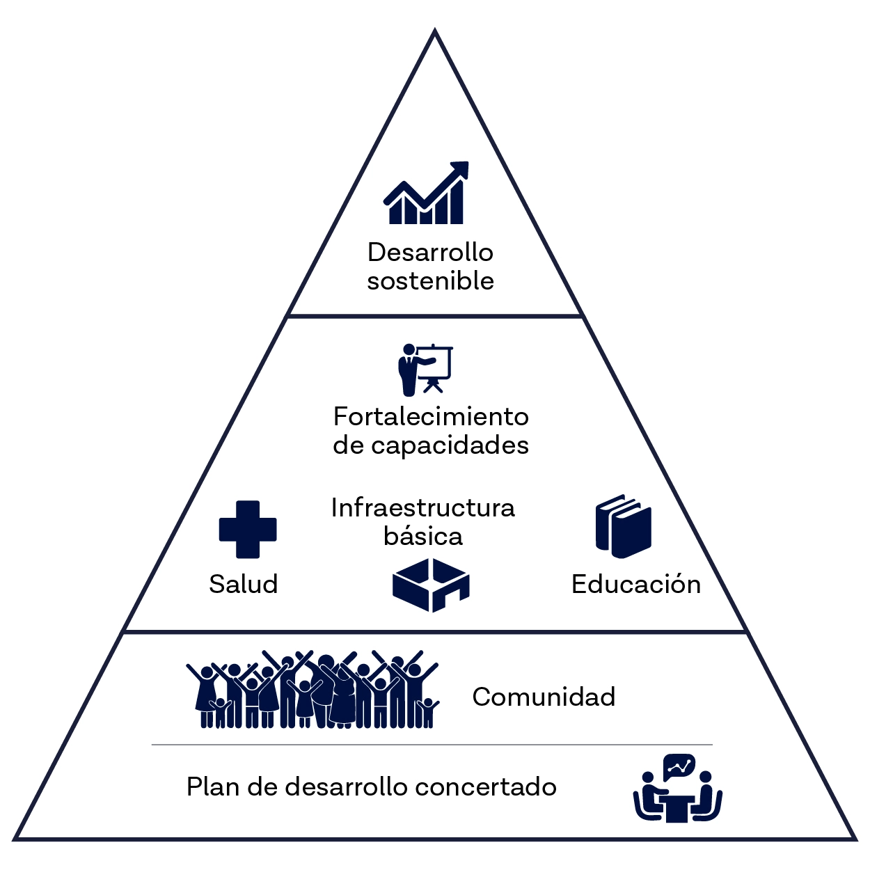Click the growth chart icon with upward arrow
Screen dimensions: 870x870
coord(426,194)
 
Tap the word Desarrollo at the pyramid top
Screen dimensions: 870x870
coord(430,252)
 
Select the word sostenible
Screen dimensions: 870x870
coord(430,281)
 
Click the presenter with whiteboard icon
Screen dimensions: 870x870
coord(425,369)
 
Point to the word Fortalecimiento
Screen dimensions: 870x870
coord(431,416)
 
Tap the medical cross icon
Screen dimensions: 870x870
coord(248,529)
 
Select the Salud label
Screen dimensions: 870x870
coord(243,584)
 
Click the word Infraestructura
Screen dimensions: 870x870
coord(422,507)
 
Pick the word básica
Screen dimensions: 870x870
coord(422,537)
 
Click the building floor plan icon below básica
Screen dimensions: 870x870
coord(431,585)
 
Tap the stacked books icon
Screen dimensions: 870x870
coord(623,526)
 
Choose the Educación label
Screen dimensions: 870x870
coord(635,584)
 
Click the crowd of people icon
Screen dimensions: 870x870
coord(313,690)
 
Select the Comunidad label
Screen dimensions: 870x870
coord(544,697)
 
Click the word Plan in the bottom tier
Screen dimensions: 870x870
coord(213,787)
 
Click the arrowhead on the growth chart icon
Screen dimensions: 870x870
coord(460,170)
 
